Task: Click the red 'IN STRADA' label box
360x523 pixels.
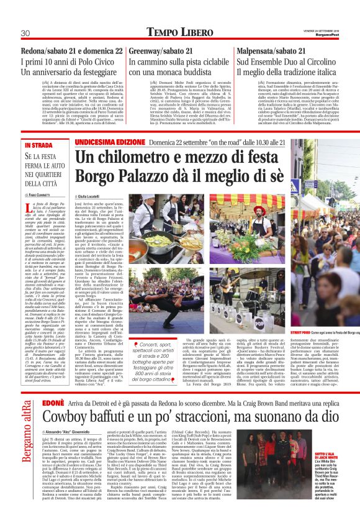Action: click(x=39, y=145)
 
